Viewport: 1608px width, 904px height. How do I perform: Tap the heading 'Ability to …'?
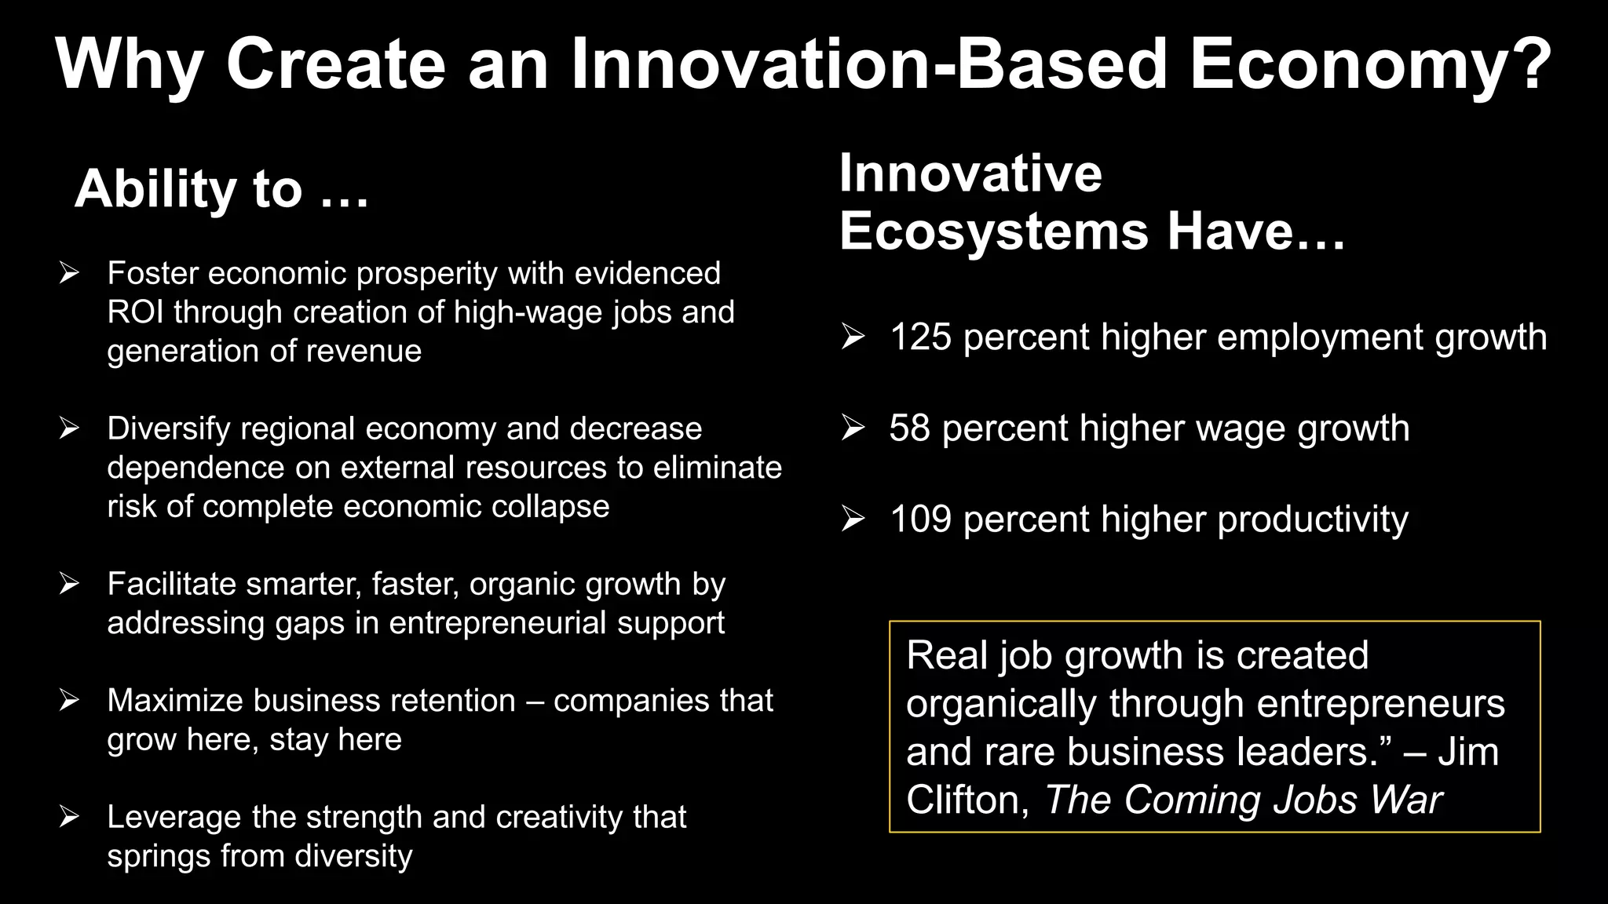pos(221,189)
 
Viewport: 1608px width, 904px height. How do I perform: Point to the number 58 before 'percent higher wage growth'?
pos(909,428)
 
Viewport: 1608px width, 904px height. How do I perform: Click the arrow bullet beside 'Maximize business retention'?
pos(69,700)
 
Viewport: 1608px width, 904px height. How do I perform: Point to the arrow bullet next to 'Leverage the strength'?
pos(69,817)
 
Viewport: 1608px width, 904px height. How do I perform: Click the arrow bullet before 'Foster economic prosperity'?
pos(69,273)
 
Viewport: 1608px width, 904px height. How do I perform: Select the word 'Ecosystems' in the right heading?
pos(993,231)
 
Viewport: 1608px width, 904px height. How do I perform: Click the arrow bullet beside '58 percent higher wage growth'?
pos(853,428)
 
